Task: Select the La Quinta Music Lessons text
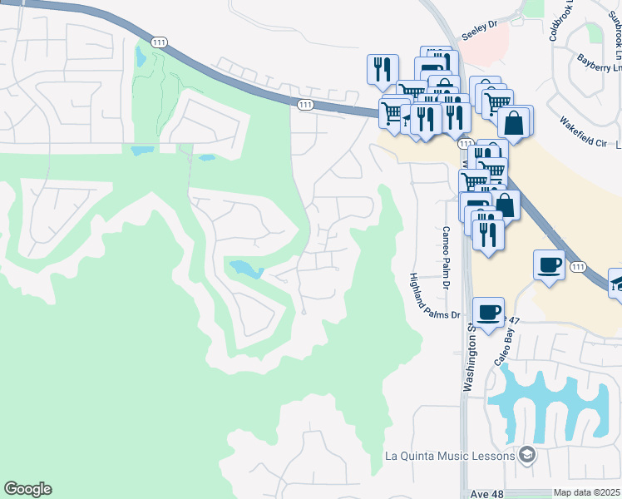tap(450, 455)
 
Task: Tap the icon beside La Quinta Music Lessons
tap(526, 455)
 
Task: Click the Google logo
tap(27, 489)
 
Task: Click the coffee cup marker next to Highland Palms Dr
tap(488, 312)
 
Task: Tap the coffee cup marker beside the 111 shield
tap(549, 264)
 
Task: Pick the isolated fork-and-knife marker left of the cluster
tap(383, 68)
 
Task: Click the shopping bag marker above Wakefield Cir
tap(516, 121)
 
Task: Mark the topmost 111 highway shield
tap(157, 41)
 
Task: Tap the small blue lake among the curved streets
tap(245, 269)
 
